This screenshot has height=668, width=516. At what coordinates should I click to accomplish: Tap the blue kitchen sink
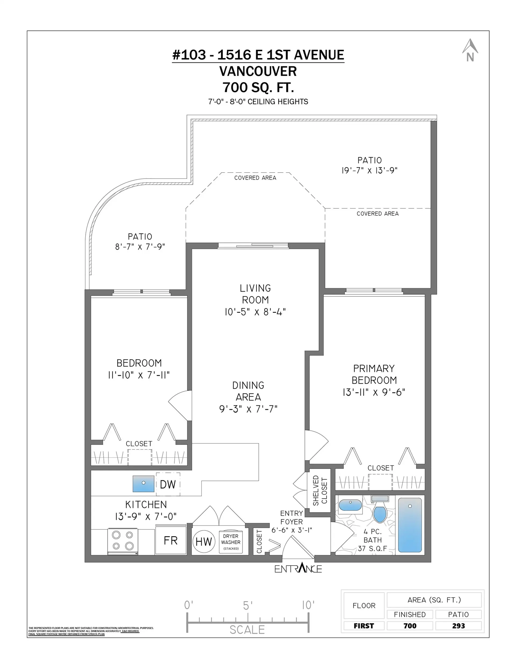[x=144, y=484]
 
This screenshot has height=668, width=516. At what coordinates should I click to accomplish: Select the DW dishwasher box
[x=168, y=484]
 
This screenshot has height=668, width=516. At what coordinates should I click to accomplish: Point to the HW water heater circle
[x=203, y=542]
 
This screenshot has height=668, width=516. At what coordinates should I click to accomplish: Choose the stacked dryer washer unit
[x=231, y=542]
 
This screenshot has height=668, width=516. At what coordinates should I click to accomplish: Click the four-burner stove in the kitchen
[x=123, y=541]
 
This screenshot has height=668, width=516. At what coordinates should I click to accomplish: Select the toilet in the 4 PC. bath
[x=380, y=510]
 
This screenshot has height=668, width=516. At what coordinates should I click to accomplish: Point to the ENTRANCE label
[x=298, y=568]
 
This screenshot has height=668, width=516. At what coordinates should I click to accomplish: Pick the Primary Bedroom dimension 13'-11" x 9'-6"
[x=374, y=392]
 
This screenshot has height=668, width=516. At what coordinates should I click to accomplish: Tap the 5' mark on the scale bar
[x=248, y=605]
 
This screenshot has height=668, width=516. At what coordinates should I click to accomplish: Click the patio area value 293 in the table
[x=458, y=626]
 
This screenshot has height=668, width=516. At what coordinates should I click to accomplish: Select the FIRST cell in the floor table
[x=364, y=626]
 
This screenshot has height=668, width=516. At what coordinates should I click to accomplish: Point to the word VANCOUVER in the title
[x=258, y=71]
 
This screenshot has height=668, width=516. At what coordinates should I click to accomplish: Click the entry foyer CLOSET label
[x=259, y=542]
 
